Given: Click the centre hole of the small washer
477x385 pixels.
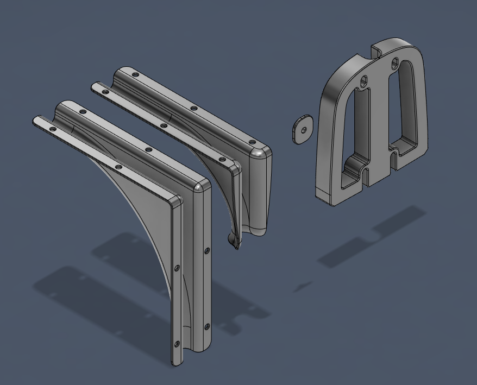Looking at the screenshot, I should pyautogui.click(x=304, y=129).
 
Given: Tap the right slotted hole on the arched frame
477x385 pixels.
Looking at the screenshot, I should pyautogui.click(x=395, y=62).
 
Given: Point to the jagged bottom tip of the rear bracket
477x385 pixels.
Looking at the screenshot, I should pyautogui.click(x=235, y=242).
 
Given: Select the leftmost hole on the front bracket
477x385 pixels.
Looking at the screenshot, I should pyautogui.click(x=52, y=129).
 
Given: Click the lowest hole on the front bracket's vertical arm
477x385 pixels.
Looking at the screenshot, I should pyautogui.click(x=177, y=344).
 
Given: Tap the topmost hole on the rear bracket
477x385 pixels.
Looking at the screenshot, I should pyautogui.click(x=136, y=75).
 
